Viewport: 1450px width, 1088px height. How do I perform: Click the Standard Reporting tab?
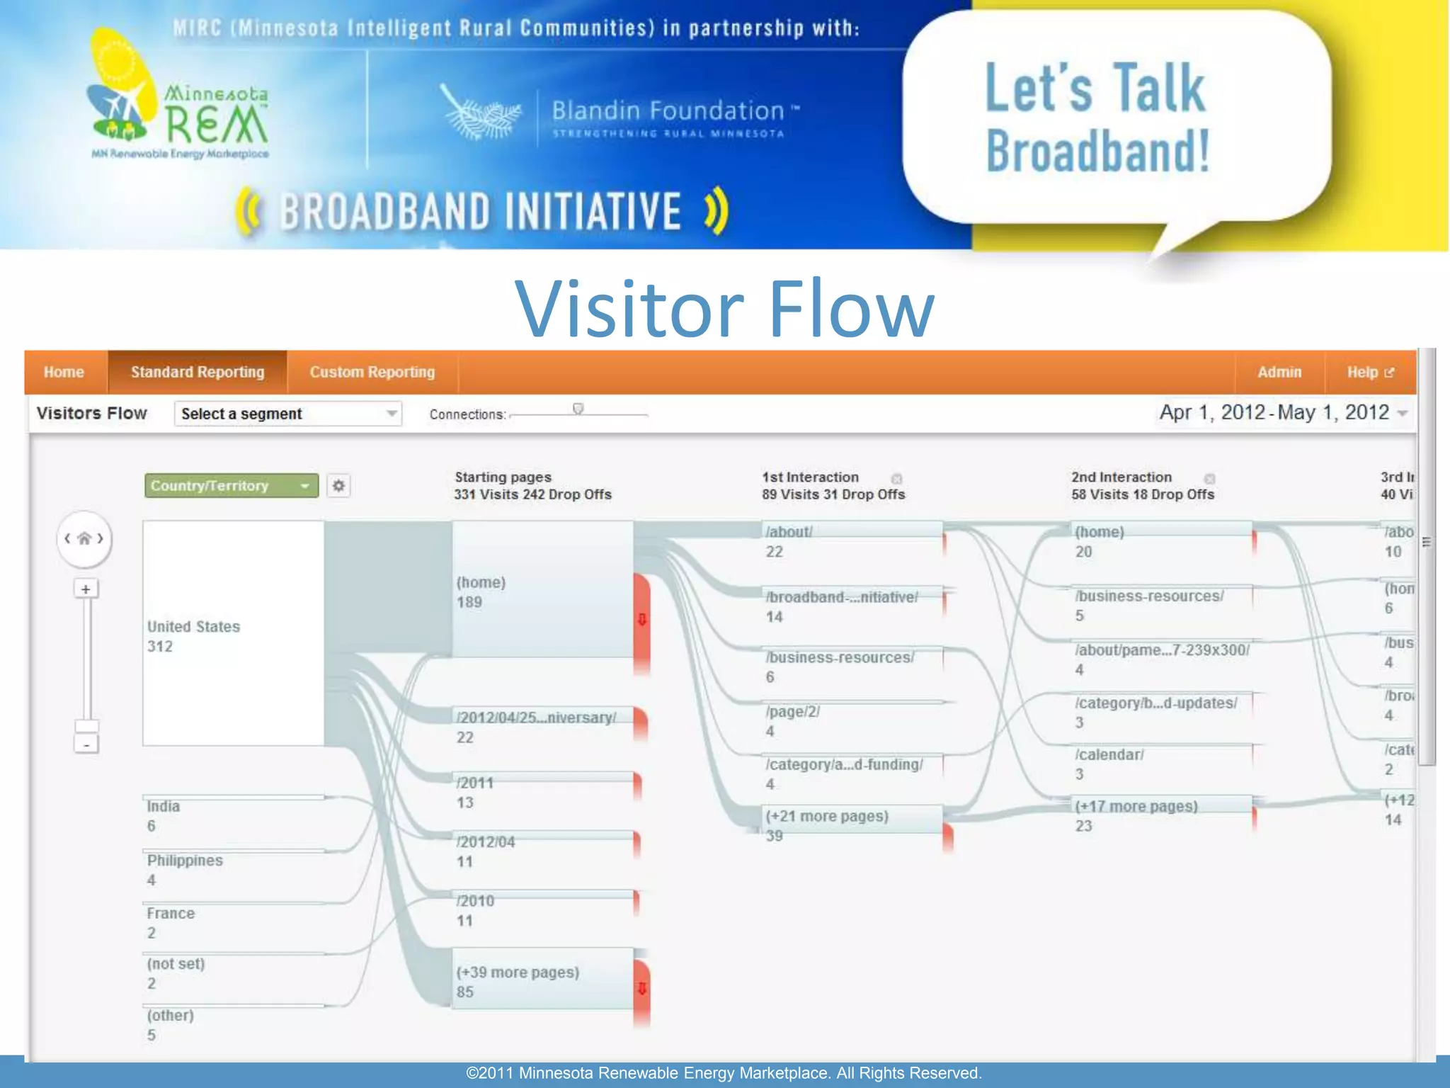coord(197,372)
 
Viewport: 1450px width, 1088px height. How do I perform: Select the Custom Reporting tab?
coord(372,372)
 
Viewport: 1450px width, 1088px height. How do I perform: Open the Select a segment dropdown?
coord(287,414)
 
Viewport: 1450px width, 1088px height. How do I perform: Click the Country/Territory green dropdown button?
coord(231,486)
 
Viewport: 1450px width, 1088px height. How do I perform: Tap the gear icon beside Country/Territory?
coord(338,486)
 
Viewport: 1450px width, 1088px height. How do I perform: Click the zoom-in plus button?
coord(86,589)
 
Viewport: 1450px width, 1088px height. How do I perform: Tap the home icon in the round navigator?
coord(84,538)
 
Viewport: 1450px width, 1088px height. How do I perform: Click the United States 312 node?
coord(233,633)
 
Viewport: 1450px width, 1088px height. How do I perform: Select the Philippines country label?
coord(185,861)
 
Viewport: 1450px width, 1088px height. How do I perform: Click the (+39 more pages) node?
coord(542,979)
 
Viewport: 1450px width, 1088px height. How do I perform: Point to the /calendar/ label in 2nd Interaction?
coord(1109,755)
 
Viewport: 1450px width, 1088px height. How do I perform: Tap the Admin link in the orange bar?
coord(1279,372)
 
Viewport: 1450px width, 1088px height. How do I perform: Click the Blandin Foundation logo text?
coord(668,111)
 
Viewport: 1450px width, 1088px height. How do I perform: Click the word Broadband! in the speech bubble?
coord(1097,151)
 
